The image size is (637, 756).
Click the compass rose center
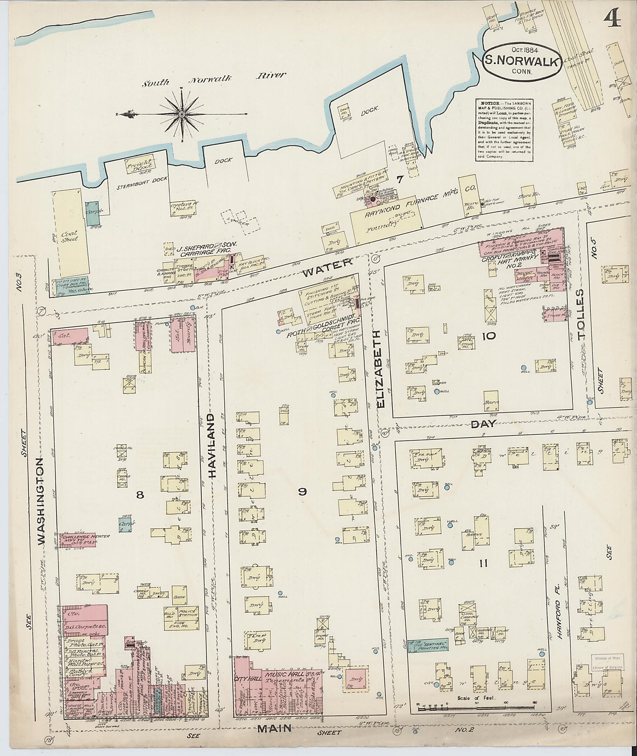(x=181, y=114)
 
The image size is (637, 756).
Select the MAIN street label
(x=274, y=728)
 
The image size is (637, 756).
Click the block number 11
(x=483, y=563)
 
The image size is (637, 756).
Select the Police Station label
(x=187, y=612)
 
